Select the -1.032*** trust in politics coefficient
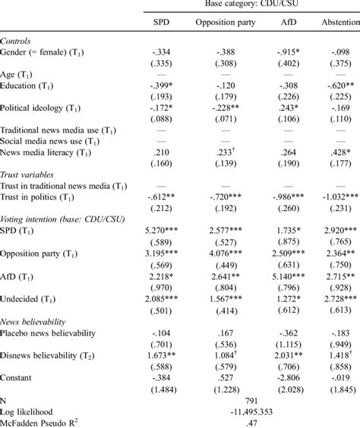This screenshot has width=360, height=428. (x=334, y=194)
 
